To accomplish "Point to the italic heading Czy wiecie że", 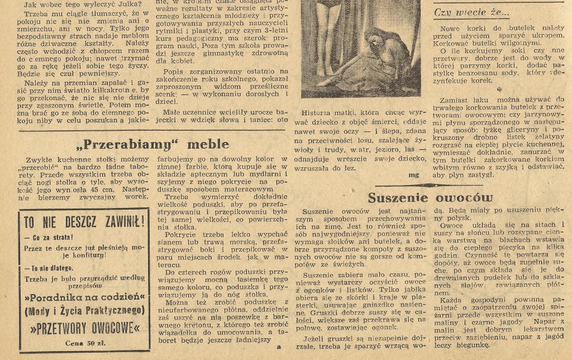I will click(472, 12).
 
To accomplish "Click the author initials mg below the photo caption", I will click(414, 174).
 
